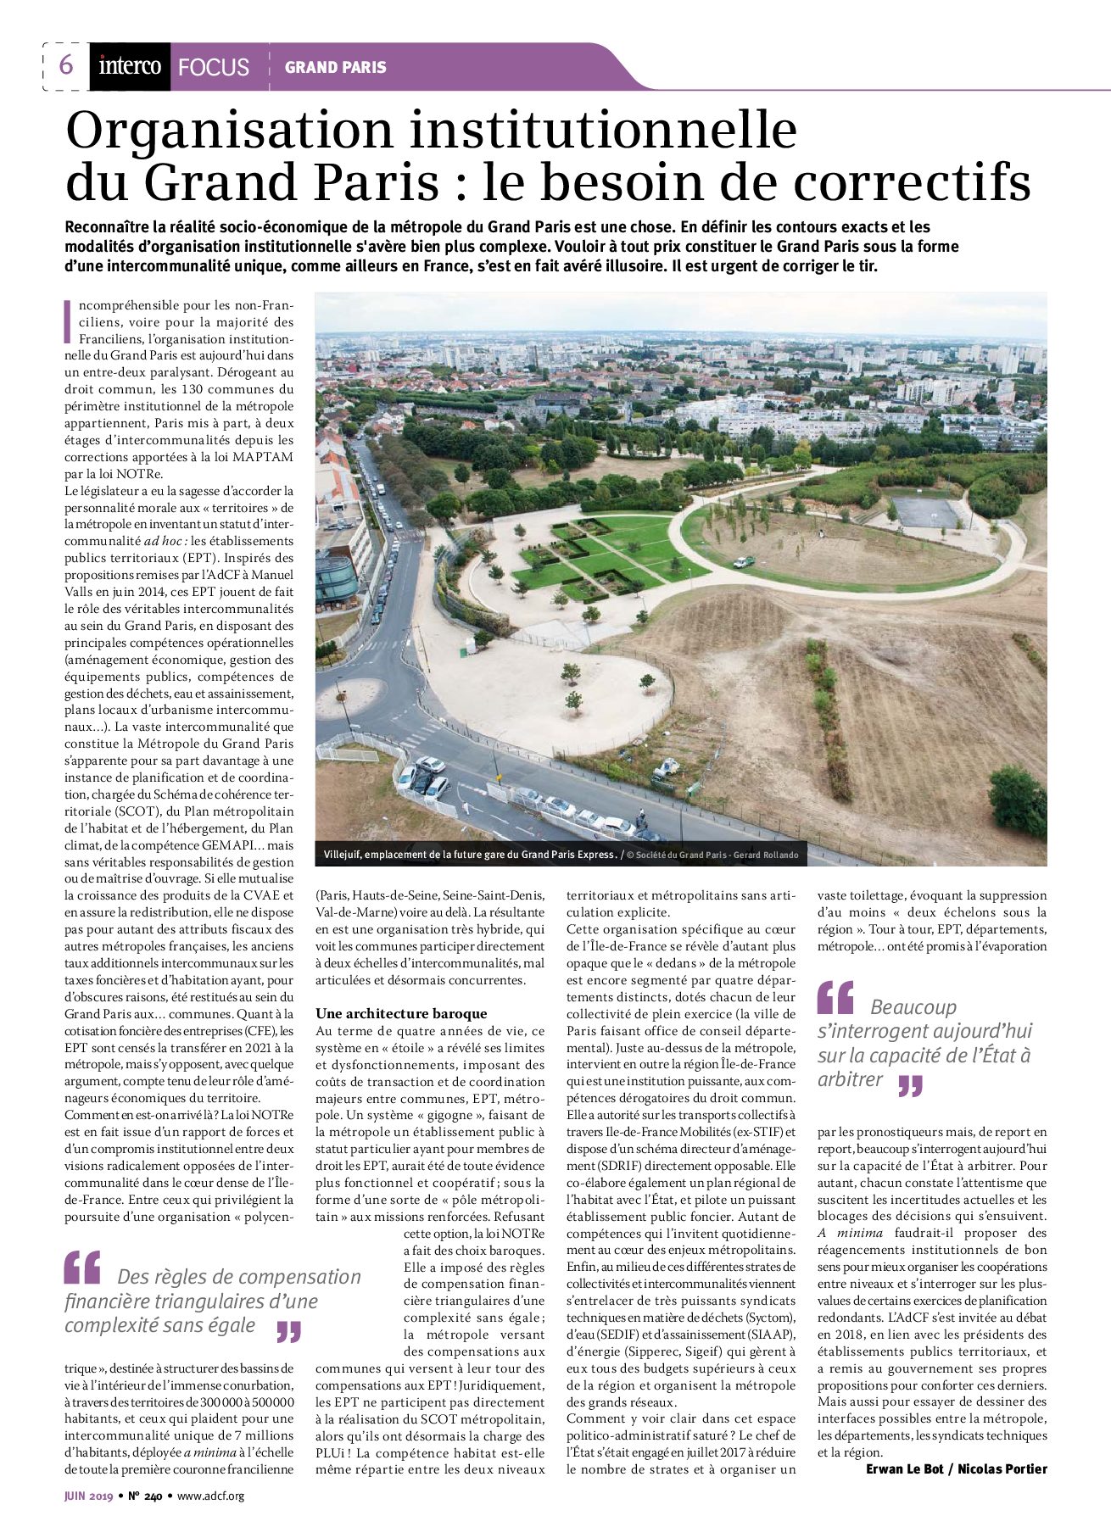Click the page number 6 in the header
(66, 65)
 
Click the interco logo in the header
(130, 66)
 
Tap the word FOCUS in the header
(214, 68)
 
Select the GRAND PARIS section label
(335, 67)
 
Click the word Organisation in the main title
(229, 131)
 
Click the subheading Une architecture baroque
(401, 1013)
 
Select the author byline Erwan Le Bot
(903, 1468)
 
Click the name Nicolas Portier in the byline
(1002, 1468)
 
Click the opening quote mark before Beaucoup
(835, 998)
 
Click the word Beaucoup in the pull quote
(913, 1007)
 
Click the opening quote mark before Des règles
(82, 1268)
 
